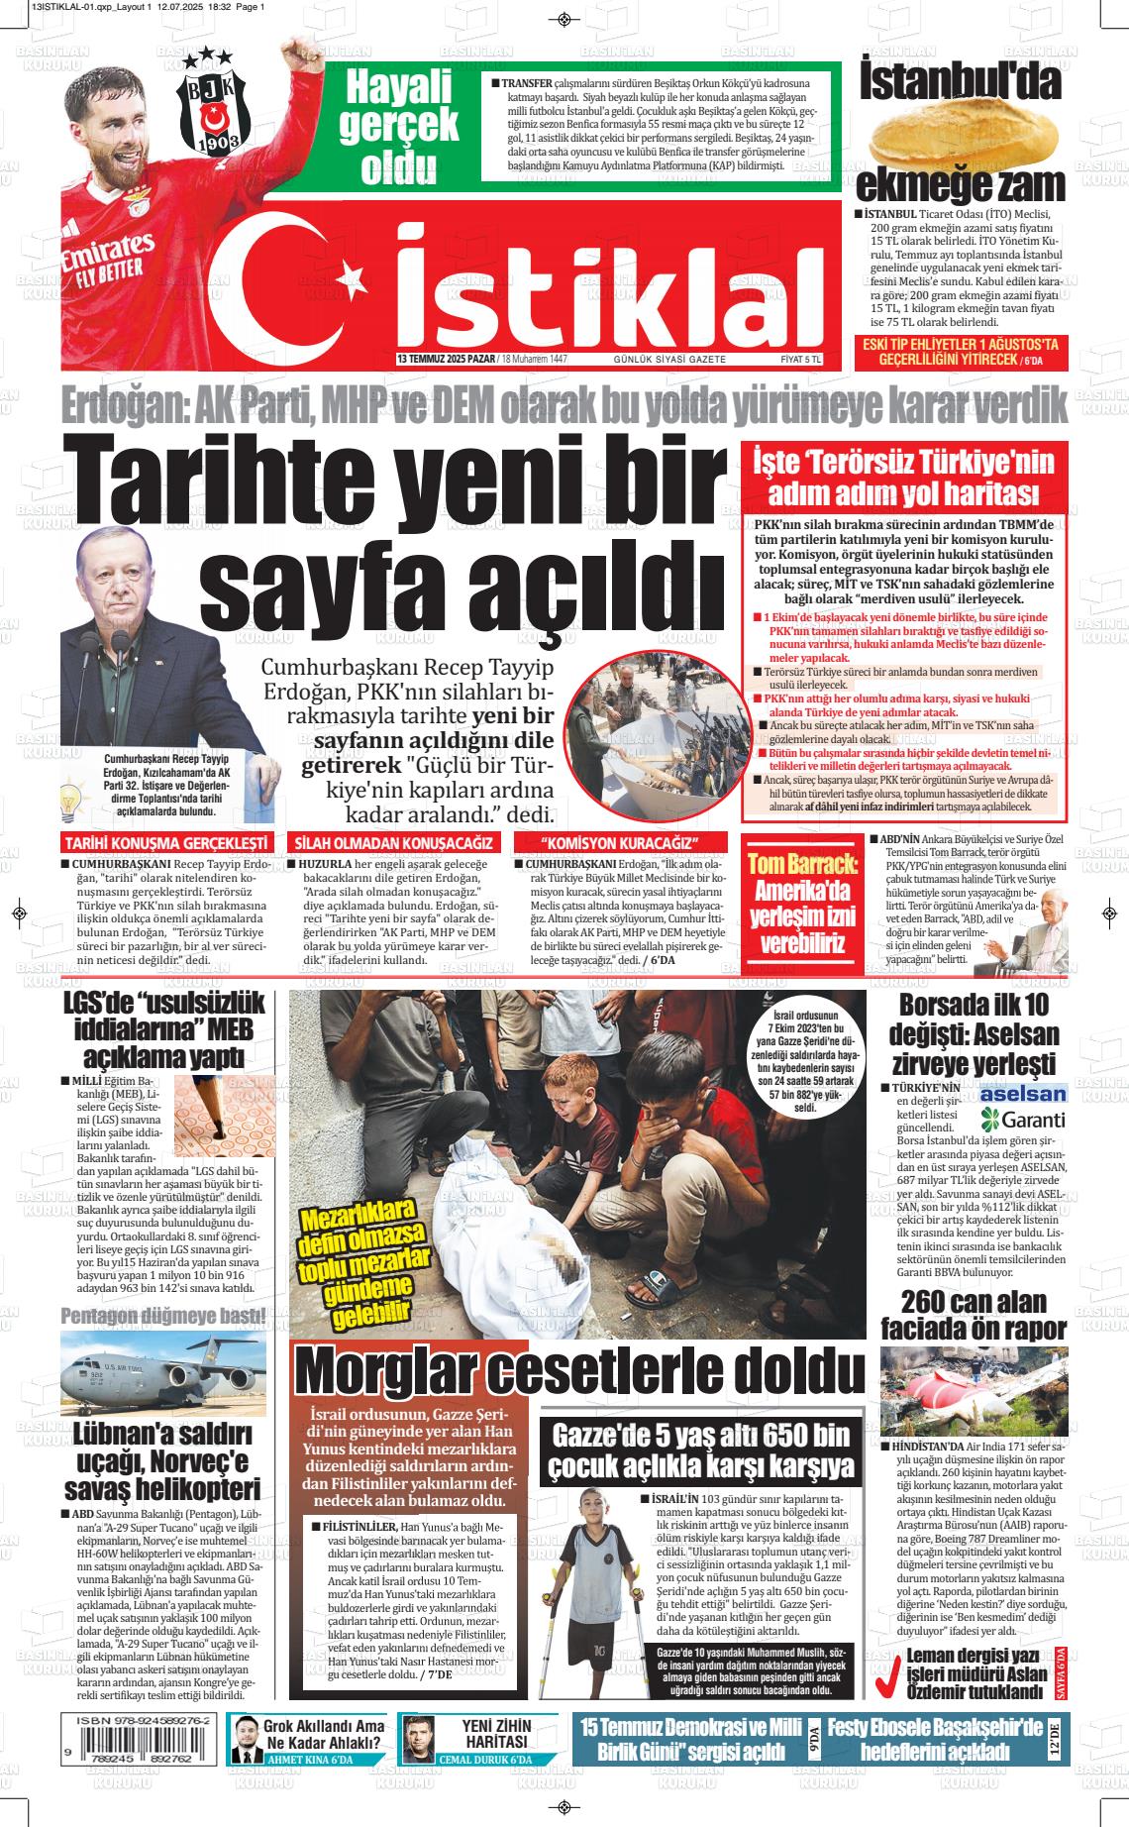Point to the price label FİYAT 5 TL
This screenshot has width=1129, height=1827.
[x=801, y=359]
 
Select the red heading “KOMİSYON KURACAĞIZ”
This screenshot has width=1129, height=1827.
[x=621, y=842]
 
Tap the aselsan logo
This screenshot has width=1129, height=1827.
[x=1022, y=1094]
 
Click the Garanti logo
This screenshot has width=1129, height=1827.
[x=1022, y=1120]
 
